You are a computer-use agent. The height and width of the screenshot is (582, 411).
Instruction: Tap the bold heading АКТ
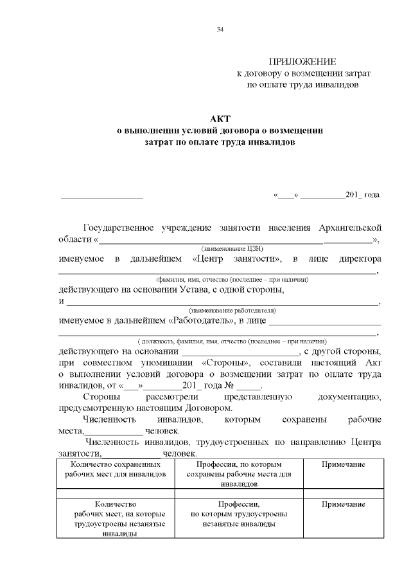(x=220, y=119)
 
